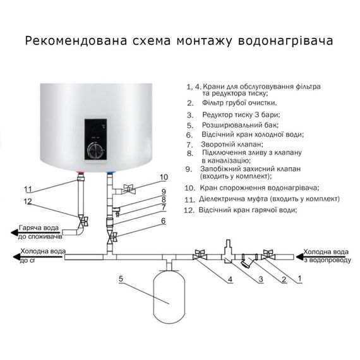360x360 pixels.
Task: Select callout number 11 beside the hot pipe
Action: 27,189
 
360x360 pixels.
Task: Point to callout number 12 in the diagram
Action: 27,201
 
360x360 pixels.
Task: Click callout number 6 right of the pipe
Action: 163,221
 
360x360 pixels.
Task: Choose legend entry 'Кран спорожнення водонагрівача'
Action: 259,188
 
